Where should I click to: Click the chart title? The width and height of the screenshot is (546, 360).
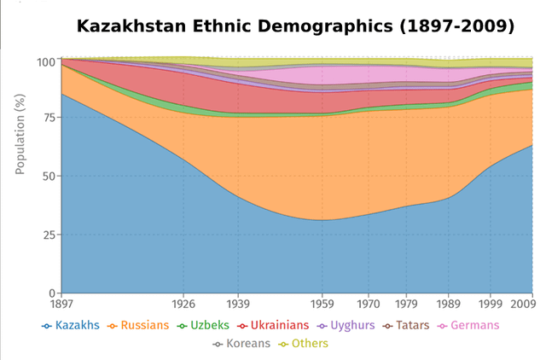[x=295, y=26]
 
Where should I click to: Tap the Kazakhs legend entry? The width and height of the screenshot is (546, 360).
[x=71, y=325]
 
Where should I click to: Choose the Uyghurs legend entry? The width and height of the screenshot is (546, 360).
[x=346, y=325]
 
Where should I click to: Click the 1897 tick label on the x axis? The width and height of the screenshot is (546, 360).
[x=61, y=303]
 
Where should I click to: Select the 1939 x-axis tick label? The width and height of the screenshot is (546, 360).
[x=238, y=303]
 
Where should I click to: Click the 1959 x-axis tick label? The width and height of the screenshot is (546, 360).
[x=322, y=303]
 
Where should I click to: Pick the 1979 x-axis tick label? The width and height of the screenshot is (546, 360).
[x=407, y=303]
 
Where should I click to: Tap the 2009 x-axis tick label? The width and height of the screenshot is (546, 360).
[x=522, y=303]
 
